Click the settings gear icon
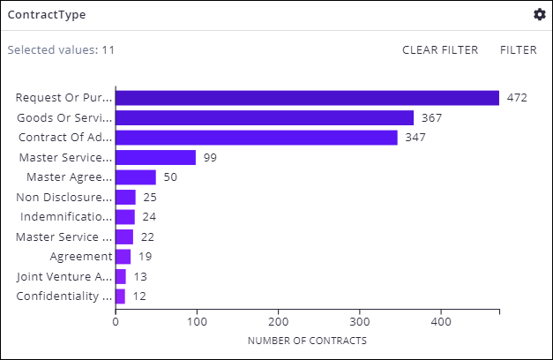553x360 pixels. pyautogui.click(x=540, y=14)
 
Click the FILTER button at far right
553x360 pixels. pyautogui.click(x=518, y=49)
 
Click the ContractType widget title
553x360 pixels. pyautogui.click(x=47, y=15)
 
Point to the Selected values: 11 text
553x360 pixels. pyautogui.click(x=61, y=49)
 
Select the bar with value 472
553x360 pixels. pyautogui.click(x=307, y=98)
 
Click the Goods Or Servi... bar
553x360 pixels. pyautogui.click(x=264, y=117)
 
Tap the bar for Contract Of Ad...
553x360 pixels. pyautogui.click(x=256, y=138)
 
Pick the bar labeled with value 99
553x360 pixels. pyautogui.click(x=155, y=157)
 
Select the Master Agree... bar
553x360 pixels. pyautogui.click(x=135, y=177)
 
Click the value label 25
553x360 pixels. pyautogui.click(x=150, y=197)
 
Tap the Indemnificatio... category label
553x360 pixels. pyautogui.click(x=64, y=216)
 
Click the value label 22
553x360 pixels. pyautogui.click(x=147, y=236)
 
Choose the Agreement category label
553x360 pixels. pyautogui.click(x=80, y=257)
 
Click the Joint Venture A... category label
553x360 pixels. pyautogui.click(x=64, y=276)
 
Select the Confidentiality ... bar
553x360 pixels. pyautogui.click(x=120, y=296)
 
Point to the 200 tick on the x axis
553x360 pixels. pyautogui.click(x=279, y=323)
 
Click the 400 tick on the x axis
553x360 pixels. pyautogui.click(x=442, y=323)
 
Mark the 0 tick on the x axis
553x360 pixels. pyautogui.click(x=116, y=323)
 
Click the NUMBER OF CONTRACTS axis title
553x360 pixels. pyautogui.click(x=307, y=341)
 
